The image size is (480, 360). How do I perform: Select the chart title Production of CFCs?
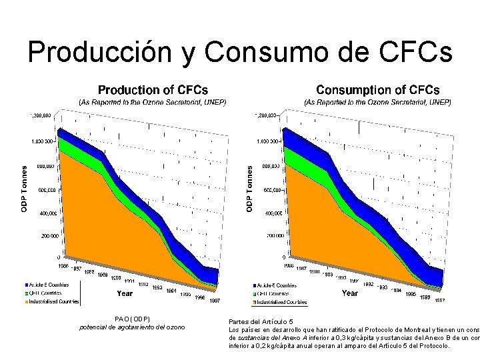pyautogui.click(x=153, y=89)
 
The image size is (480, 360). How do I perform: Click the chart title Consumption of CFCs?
pyautogui.click(x=377, y=89)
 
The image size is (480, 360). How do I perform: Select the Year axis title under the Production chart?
pyautogui.click(x=125, y=293)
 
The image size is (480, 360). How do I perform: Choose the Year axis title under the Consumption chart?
pyautogui.click(x=349, y=293)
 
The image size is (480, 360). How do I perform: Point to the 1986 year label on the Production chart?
pyautogui.click(x=63, y=266)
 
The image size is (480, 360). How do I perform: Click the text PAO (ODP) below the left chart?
pyautogui.click(x=133, y=319)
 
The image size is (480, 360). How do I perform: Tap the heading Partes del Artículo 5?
pyautogui.click(x=260, y=321)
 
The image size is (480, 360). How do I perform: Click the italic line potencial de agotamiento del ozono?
pyautogui.click(x=132, y=327)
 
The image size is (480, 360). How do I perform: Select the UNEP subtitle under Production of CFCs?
pyautogui.click(x=153, y=103)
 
